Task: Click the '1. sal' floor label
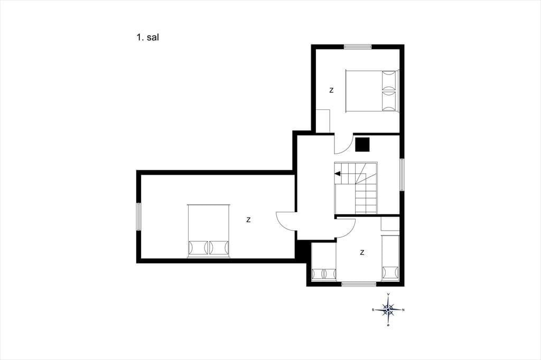tap(147, 37)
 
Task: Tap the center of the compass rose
tap(388, 310)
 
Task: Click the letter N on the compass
tap(404, 310)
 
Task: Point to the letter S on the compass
tap(373, 310)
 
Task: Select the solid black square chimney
tap(362, 145)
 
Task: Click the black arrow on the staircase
tap(338, 174)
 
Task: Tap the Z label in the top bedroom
tap(332, 90)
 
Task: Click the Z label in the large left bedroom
tap(248, 220)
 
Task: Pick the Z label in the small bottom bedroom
tap(362, 253)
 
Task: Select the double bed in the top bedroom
tap(372, 91)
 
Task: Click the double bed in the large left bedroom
tap(208, 231)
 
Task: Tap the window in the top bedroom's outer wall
tap(358, 47)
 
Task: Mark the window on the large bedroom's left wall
tap(139, 216)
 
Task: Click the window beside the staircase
tap(402, 175)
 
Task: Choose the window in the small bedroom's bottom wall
tap(359, 284)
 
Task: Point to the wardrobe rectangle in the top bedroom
tap(324, 121)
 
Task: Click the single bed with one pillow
tap(390, 258)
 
